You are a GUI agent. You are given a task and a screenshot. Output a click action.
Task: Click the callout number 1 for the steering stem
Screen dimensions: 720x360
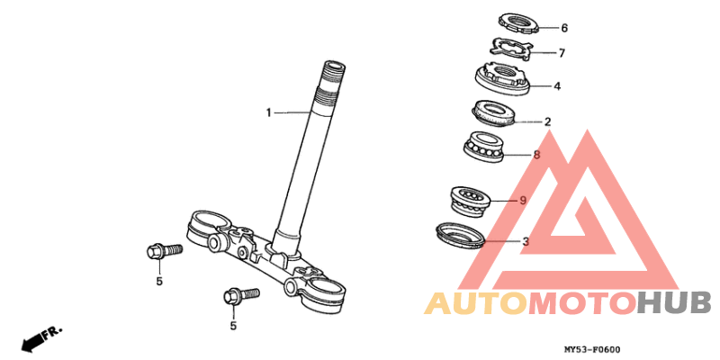click(269, 112)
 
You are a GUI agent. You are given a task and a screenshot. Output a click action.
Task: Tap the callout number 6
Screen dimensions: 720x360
click(564, 28)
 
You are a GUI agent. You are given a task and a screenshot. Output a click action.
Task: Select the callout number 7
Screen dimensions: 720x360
click(562, 53)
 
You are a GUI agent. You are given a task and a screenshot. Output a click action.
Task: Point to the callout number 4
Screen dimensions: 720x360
click(557, 85)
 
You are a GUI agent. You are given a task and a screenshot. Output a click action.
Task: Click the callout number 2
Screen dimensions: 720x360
click(547, 122)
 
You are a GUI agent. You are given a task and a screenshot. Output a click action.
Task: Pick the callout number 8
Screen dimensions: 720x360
click(536, 155)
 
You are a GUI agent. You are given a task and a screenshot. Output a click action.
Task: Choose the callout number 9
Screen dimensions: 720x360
click(523, 200)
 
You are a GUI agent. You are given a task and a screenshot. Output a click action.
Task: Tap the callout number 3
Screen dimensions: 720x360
click(526, 241)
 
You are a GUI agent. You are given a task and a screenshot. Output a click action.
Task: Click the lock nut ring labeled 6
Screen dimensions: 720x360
click(518, 23)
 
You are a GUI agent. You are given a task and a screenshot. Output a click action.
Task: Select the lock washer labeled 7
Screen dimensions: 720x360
click(510, 49)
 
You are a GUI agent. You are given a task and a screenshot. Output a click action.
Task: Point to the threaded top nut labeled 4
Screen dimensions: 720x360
click(502, 80)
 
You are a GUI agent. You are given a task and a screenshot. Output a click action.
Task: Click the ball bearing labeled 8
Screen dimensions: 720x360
click(483, 146)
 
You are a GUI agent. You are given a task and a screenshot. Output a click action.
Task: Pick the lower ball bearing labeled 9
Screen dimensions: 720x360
click(469, 200)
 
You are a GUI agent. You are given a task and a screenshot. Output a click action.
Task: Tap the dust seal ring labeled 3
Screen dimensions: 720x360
click(460, 235)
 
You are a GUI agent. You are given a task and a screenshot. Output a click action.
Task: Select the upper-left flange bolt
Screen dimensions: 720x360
click(164, 251)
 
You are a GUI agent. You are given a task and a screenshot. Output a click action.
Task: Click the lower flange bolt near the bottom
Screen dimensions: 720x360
click(241, 295)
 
